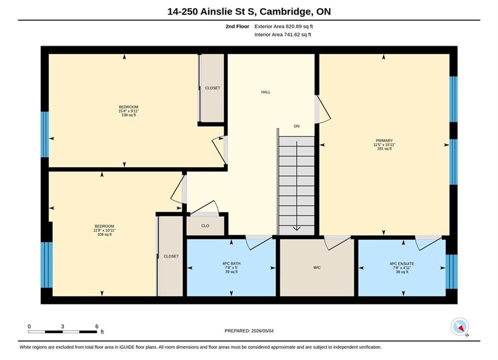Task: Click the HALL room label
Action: tap(266, 92)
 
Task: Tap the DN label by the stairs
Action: tap(297, 126)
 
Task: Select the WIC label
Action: tap(317, 267)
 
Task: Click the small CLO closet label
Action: tap(205, 226)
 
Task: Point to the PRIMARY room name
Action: tap(384, 140)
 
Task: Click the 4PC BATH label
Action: tap(231, 263)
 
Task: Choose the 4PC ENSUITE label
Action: tap(402, 264)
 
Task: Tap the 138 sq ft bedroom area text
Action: tap(129, 115)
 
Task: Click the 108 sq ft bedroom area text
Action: tap(105, 234)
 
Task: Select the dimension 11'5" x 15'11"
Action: tap(384, 144)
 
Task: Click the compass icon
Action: tap(459, 326)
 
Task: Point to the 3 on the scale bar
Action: tap(63, 326)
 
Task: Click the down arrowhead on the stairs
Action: tap(297, 228)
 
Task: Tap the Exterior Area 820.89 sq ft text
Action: tap(284, 26)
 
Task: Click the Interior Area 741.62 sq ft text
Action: tap(283, 34)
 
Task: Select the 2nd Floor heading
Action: tap(237, 26)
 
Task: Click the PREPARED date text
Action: tap(249, 331)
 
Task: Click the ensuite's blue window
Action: tap(451, 271)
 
